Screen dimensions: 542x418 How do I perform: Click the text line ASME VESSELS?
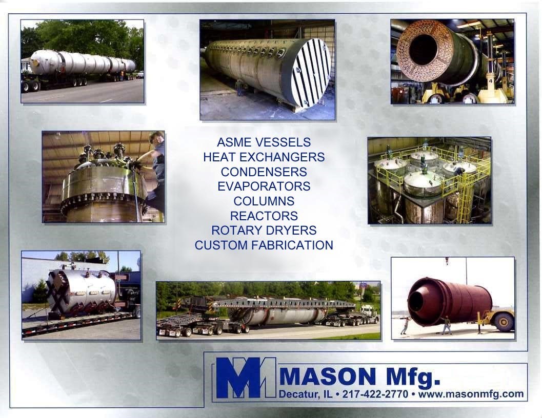[264, 142]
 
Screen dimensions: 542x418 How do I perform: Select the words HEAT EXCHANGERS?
[264, 157]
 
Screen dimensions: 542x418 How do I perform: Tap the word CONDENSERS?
[264, 172]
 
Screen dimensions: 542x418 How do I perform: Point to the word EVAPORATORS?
[264, 186]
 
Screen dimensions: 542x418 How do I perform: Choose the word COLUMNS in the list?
[264, 201]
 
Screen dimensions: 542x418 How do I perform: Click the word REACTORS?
[264, 216]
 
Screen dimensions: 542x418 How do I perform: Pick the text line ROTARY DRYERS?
[264, 231]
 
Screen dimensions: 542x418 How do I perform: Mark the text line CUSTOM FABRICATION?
[264, 245]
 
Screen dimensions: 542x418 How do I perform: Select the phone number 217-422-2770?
[375, 394]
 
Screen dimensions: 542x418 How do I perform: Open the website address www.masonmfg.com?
[471, 394]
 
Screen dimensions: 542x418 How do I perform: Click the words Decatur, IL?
[306, 394]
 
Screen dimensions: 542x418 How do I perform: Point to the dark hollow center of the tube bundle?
[424, 49]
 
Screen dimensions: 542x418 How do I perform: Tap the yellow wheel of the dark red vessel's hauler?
[504, 322]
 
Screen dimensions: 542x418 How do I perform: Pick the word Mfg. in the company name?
[413, 378]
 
